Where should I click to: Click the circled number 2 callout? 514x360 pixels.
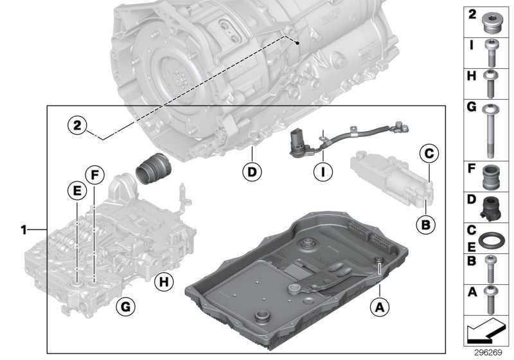coord(77,125)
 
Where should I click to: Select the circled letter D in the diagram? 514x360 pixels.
coord(253,172)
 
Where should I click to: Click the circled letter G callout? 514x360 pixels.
coord(126,308)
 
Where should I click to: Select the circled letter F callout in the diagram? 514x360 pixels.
coord(94,174)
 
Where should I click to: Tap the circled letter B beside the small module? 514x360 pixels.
coord(425,224)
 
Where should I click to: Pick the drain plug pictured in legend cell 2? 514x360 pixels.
coord(493,21)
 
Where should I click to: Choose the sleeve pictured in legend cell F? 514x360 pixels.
coord(493,176)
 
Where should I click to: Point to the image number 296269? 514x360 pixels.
coord(489,354)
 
